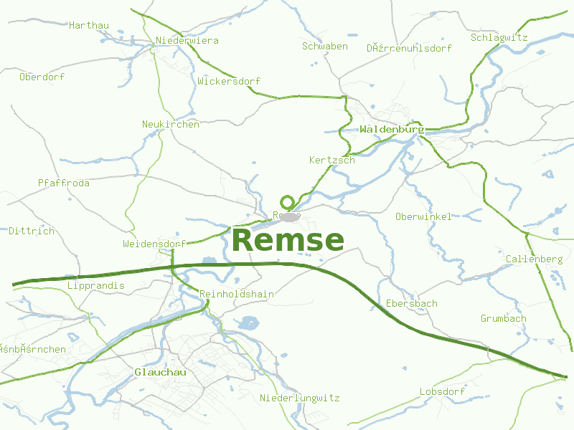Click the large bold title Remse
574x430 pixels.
288,240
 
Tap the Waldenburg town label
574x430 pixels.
392,130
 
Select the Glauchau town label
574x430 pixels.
160,372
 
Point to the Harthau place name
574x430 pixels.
89,25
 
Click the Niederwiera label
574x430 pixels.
187,40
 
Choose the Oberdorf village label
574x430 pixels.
42,77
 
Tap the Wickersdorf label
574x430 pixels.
229,81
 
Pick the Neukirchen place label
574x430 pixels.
171,124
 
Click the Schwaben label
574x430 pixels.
325,46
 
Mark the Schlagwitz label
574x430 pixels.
499,37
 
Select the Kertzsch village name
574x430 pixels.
332,160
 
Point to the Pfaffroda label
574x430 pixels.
64,183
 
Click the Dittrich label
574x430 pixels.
32,231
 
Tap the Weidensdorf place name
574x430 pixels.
155,244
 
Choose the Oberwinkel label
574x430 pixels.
423,216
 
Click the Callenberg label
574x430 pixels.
534,259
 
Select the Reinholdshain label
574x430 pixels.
237,294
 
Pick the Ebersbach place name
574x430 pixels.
412,303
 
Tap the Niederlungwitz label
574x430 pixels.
300,398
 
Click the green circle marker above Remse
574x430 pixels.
288,202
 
